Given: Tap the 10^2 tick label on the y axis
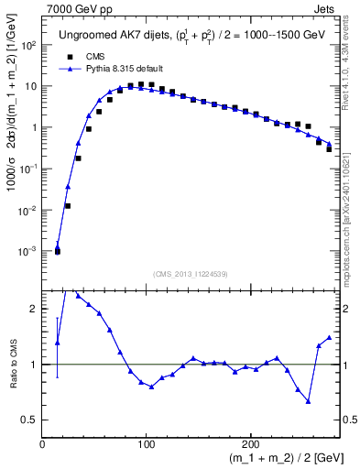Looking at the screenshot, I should click(29, 46).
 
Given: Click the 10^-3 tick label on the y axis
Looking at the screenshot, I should click(29, 251).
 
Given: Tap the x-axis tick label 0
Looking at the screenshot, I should click(42, 444).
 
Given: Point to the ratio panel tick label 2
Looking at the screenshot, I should click(34, 309).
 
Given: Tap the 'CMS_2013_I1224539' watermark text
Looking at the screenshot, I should click(191, 273).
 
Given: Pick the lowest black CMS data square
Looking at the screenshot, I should click(57, 250).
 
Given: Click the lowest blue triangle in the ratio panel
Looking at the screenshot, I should click(309, 401).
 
